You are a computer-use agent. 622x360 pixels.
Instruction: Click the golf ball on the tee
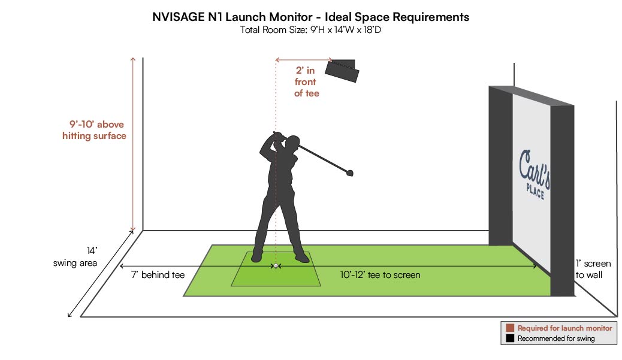tap(276, 265)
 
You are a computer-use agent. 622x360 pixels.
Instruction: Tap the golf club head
tap(349, 173)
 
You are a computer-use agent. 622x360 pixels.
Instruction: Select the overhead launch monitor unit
tap(342, 71)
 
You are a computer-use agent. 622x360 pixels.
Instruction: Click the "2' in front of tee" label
tap(306, 81)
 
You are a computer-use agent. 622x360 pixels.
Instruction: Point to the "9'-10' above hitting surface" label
tap(95, 130)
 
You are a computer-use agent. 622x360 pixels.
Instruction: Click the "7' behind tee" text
tap(158, 275)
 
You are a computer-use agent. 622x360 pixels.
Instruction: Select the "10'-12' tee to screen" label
tap(380, 275)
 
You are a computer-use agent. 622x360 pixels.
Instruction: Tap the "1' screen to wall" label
tap(593, 269)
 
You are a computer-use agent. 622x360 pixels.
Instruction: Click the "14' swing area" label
tap(76, 257)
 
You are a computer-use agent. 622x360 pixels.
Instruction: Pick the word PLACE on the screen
tap(535, 191)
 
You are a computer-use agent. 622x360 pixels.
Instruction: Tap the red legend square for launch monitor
tap(510, 328)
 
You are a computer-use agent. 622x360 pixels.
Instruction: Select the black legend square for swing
tap(510, 338)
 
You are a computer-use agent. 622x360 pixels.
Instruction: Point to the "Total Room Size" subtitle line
tap(310, 30)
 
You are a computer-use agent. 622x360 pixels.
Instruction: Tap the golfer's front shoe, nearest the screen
tap(302, 258)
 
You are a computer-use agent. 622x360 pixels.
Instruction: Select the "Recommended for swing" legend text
tap(556, 338)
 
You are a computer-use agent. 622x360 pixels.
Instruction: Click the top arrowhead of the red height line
tap(133, 60)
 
